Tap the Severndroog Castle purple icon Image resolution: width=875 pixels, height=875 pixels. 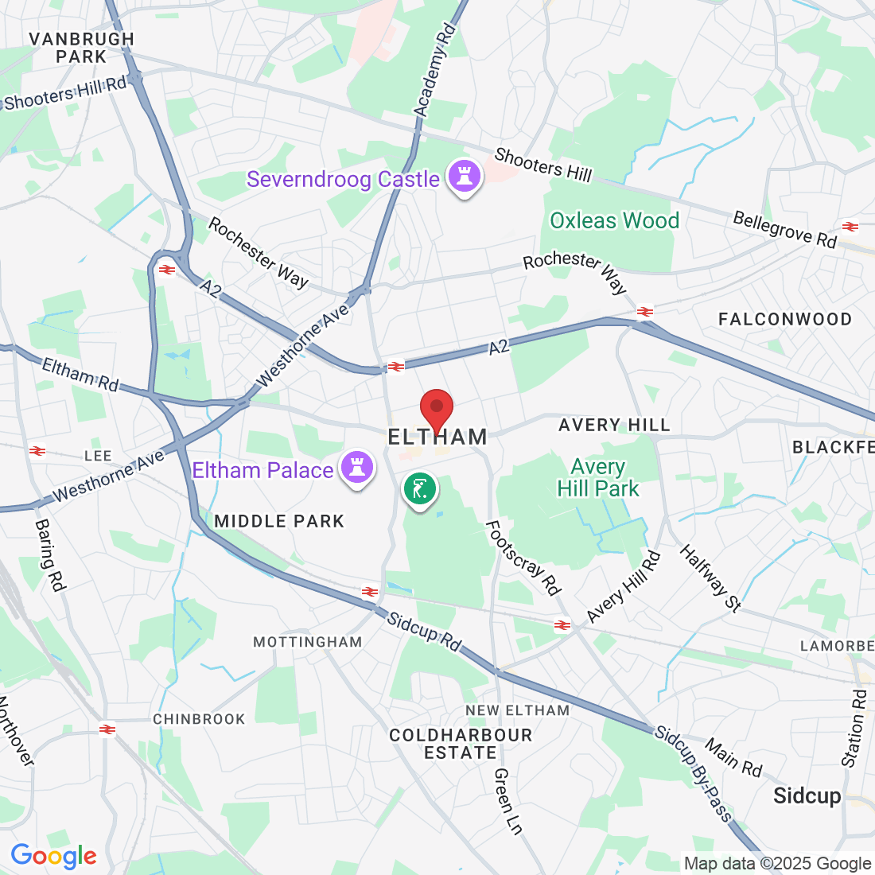click(462, 176)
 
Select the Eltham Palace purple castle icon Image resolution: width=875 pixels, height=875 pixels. click(357, 468)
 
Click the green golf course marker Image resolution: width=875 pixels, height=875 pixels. click(419, 488)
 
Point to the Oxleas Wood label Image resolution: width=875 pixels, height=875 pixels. click(614, 220)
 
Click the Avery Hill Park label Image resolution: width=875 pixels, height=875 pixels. click(598, 477)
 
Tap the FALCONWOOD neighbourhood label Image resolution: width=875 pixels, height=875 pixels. click(784, 319)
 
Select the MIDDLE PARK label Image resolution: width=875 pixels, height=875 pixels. click(279, 521)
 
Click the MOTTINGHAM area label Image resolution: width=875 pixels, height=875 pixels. click(307, 641)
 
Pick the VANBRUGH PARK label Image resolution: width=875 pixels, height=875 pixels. click(81, 48)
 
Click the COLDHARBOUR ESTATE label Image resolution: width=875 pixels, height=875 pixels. click(461, 744)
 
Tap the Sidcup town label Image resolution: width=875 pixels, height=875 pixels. click(807, 795)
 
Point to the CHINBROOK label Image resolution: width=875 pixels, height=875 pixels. click(199, 719)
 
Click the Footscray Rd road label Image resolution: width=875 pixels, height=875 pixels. click(523, 558)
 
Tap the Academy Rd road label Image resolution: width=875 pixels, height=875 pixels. click(434, 71)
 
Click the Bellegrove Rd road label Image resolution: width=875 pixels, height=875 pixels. click(784, 229)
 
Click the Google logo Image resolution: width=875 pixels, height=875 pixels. click(53, 856)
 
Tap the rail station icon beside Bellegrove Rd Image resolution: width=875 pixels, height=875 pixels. click(850, 227)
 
